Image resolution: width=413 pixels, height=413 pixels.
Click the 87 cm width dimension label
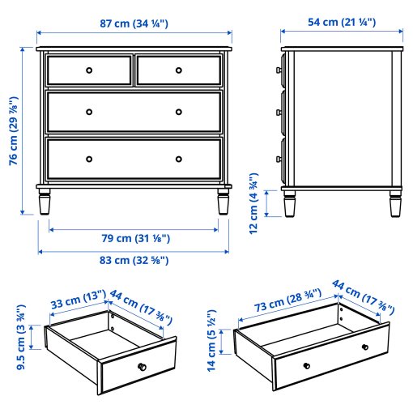click(x=134, y=23)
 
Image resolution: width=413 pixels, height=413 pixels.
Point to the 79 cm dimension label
click(x=134, y=239)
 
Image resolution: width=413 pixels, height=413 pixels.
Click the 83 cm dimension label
click(x=134, y=260)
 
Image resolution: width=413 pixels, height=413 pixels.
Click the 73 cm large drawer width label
click(x=286, y=304)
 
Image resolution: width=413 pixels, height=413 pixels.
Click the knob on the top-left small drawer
click(x=89, y=70)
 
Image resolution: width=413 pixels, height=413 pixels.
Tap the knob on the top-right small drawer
click(x=179, y=70)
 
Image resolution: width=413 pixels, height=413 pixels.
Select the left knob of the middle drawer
click(x=89, y=112)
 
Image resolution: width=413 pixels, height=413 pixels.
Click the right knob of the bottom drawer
click(x=179, y=157)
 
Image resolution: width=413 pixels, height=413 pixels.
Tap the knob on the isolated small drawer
click(x=141, y=368)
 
